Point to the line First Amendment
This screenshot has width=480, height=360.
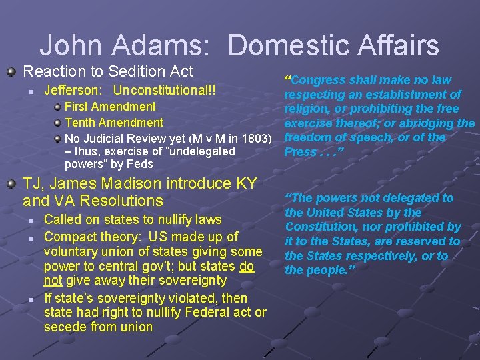tap(110, 107)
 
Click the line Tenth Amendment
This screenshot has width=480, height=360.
tap(113, 123)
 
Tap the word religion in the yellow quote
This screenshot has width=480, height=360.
tap(306, 109)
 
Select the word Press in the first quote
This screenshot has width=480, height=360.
tap(300, 152)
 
